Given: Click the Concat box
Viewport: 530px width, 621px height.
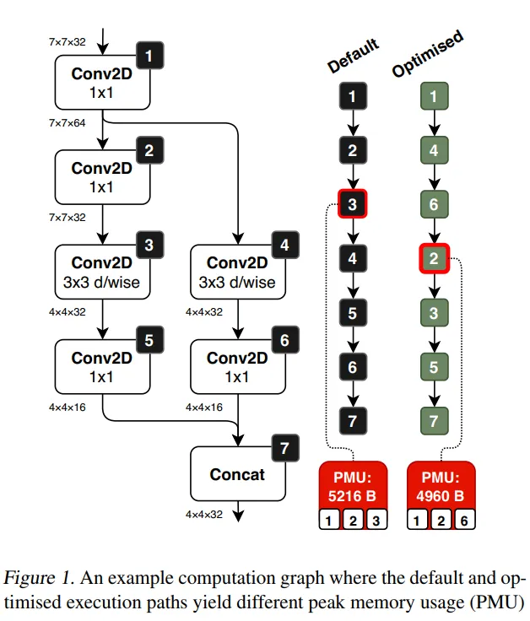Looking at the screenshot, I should (x=237, y=473).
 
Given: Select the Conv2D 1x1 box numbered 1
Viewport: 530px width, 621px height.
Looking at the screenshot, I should (x=101, y=82).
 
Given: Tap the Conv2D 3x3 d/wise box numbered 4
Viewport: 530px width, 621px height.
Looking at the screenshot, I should (x=237, y=272).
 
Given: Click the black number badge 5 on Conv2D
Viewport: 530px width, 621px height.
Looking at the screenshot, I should (x=149, y=340).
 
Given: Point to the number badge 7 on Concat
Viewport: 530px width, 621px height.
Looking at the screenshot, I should (x=284, y=448).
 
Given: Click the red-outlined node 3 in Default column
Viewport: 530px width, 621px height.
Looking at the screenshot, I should (x=353, y=203).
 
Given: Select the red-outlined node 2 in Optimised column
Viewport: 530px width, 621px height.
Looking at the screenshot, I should (x=434, y=257).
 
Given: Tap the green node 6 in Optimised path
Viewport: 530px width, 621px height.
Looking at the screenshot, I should (x=434, y=203).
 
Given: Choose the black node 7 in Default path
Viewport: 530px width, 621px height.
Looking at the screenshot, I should (x=353, y=419).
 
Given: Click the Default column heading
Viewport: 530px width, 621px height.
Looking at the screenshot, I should (x=352, y=56).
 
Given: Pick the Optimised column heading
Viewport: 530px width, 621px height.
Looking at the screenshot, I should (x=427, y=56).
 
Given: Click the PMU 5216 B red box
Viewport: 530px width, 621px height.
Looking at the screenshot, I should (x=353, y=485).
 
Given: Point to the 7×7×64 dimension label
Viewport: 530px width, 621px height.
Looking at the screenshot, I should (x=68, y=123).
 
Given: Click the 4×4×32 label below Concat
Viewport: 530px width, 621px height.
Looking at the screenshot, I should (x=204, y=513).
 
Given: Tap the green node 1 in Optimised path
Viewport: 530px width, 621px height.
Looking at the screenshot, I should (x=434, y=95).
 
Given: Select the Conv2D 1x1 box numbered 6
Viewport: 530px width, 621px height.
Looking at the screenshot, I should (x=237, y=366).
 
